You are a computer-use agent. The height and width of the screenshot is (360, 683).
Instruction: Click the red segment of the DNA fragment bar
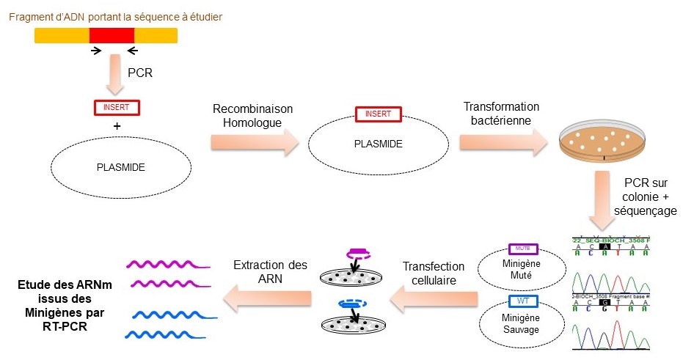[x=112, y=34]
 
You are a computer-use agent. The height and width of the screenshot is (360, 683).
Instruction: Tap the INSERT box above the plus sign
[x=117, y=107]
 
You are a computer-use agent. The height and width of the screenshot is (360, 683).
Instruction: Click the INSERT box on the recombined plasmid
[x=378, y=114]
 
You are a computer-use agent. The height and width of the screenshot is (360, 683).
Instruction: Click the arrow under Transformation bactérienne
[x=503, y=142]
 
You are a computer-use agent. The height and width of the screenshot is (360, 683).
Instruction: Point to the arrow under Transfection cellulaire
[x=433, y=296]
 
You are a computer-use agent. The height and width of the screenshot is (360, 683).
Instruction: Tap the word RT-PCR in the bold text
[x=65, y=327]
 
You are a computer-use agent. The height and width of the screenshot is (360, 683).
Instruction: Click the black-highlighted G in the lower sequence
[x=603, y=301]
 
